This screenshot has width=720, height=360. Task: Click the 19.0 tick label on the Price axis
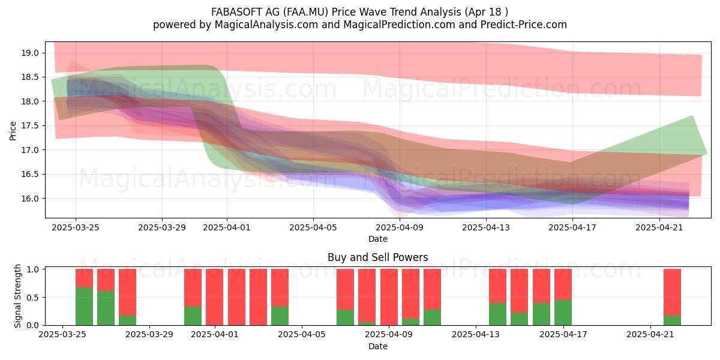[29, 53]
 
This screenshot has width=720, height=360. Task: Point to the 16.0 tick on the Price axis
[29, 199]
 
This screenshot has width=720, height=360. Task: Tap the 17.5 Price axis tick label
[29, 125]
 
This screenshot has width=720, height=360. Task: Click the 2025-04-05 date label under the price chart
[313, 227]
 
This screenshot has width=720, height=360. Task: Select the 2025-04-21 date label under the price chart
[659, 227]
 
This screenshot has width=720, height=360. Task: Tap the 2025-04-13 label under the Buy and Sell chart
[476, 335]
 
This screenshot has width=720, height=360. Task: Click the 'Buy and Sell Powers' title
[377, 257]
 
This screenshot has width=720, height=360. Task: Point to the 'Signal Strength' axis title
[17, 296]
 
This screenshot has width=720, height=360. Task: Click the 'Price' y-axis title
[13, 131]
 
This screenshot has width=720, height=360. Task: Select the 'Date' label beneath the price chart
[378, 239]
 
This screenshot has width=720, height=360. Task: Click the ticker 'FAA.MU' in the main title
[305, 12]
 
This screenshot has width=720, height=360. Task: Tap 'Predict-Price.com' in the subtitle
[524, 25]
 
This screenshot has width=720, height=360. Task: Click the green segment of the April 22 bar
[672, 320]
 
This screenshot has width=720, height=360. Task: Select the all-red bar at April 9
[389, 297]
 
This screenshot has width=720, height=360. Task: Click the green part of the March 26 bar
[84, 307]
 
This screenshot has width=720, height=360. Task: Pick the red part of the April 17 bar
[563, 284]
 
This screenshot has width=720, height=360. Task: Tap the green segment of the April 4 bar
[280, 316]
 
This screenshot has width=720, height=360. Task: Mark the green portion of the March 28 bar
[127, 320]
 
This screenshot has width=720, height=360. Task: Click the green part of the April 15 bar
[519, 319]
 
